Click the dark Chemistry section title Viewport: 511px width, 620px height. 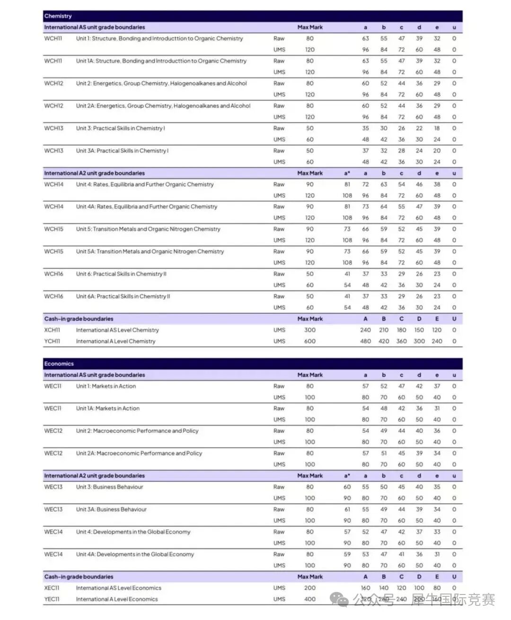(58, 16)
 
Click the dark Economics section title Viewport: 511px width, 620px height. (59, 364)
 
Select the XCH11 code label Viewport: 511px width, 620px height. (52, 330)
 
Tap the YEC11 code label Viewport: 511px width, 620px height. (52, 599)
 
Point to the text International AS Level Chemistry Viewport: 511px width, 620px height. (117, 330)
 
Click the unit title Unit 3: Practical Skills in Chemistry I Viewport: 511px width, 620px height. (120, 129)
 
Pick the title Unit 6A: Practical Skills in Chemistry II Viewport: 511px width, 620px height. (123, 297)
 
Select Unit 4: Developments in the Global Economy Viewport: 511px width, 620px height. (133, 532)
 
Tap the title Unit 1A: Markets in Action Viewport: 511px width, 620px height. (108, 409)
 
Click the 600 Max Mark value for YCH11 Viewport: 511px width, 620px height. (310, 341)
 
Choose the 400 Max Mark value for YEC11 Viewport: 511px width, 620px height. (310, 599)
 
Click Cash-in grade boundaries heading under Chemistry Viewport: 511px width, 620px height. (79, 319)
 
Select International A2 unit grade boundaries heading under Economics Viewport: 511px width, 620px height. (94, 476)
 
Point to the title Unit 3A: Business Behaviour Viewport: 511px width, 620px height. (111, 510)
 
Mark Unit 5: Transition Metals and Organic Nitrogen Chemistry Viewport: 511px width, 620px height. (148, 229)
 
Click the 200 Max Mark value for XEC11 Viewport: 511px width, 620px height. (310, 588)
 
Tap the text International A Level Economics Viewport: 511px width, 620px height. (117, 599)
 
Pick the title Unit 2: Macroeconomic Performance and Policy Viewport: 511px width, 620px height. (137, 431)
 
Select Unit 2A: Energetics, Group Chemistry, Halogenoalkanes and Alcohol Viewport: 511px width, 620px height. (163, 106)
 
